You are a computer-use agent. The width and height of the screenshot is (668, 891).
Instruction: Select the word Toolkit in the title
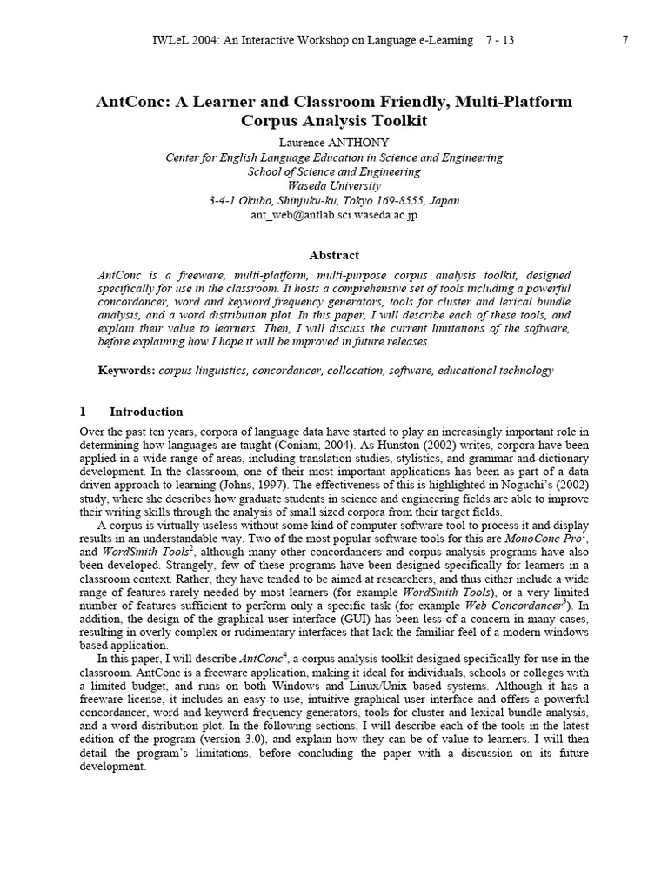coord(396,121)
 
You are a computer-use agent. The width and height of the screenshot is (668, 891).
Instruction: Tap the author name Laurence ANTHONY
coord(334,141)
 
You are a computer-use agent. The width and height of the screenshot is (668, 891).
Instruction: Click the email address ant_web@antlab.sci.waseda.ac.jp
coord(334,214)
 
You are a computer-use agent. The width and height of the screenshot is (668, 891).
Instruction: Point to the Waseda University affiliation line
coord(334,185)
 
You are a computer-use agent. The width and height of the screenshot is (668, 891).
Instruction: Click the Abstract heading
coord(334,255)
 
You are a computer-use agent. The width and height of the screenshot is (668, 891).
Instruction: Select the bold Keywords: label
coord(126,371)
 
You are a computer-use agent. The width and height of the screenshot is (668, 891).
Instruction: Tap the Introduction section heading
coord(146,412)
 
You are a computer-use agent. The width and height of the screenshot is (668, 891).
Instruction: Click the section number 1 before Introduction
coord(83,412)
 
